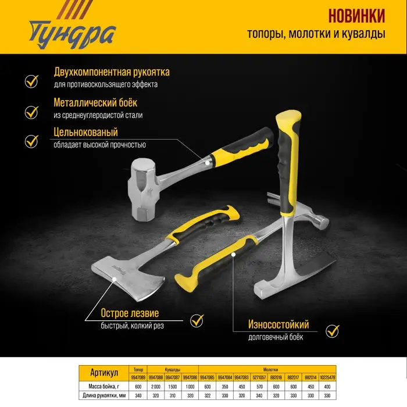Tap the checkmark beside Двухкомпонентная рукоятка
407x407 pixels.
[31, 80]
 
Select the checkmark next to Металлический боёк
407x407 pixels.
[31, 110]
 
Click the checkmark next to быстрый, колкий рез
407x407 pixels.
[197, 320]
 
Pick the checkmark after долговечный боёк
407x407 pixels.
[332, 331]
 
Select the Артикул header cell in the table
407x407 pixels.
[105, 373]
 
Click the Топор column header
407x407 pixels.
[138, 369]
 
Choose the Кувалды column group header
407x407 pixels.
[173, 369]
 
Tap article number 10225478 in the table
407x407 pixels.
[328, 377]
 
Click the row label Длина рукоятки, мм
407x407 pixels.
[105, 396]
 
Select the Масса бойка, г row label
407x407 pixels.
[105, 387]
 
